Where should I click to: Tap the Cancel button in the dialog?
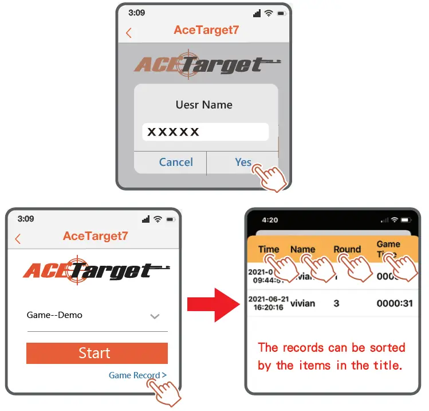point(176,162)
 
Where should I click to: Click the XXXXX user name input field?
point(205,132)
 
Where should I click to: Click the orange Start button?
point(97,353)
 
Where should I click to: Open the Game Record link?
point(137,375)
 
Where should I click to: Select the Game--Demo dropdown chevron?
point(154,316)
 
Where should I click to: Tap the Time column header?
point(268,249)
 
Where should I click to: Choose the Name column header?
point(302,249)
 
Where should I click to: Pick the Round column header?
point(347,249)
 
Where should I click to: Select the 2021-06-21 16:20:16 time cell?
point(267,303)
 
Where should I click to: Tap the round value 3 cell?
point(336,303)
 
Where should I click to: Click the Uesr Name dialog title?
point(204,105)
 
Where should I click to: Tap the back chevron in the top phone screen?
point(128,33)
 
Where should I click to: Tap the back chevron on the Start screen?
point(18,239)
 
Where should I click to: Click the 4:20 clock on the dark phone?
point(269,220)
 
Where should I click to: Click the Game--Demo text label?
point(54,315)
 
